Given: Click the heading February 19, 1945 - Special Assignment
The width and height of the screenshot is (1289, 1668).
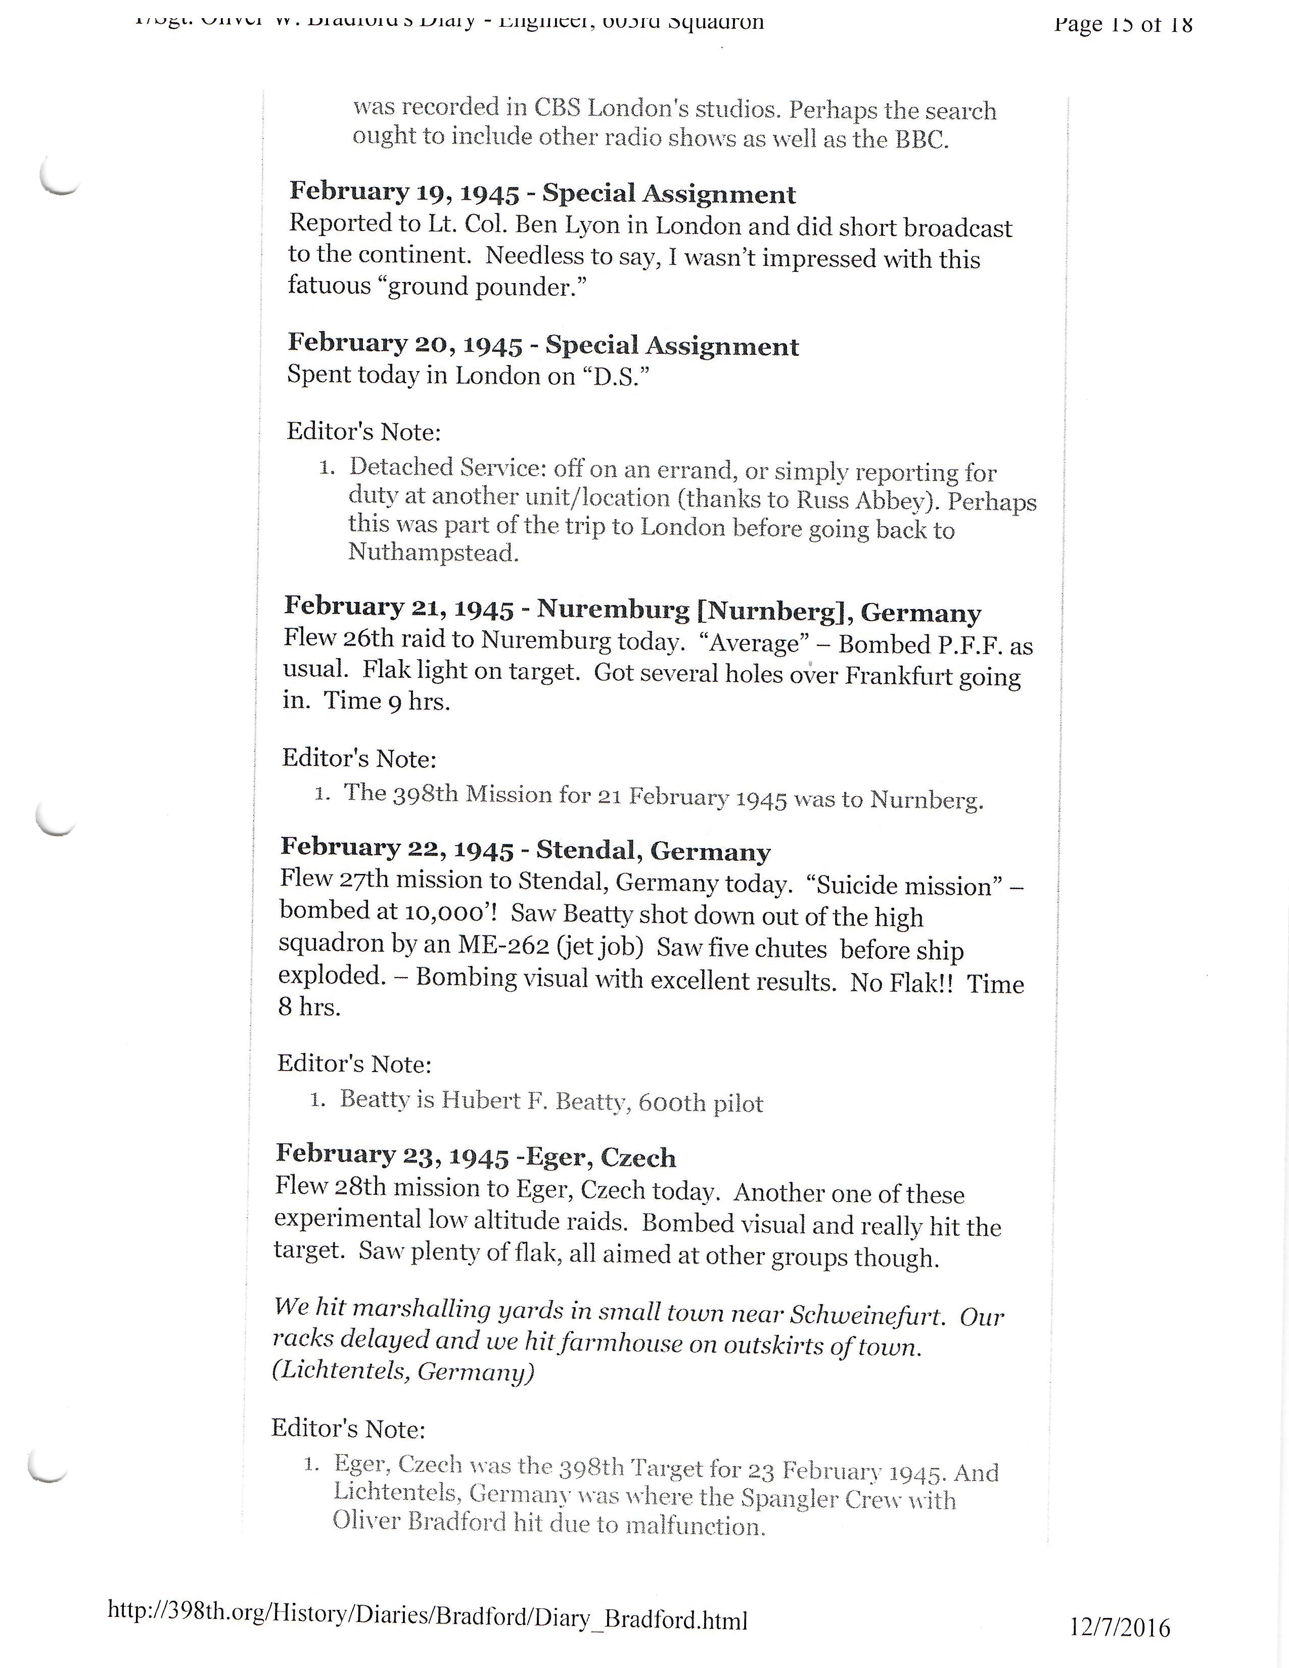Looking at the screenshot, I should pos(542,193).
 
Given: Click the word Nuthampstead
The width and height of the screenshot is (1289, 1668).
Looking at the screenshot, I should pos(433,552).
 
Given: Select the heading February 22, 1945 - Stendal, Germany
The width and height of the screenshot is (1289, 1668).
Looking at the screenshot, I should pos(525,849).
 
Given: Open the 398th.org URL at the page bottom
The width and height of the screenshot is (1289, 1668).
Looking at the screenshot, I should pos(428,1617).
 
